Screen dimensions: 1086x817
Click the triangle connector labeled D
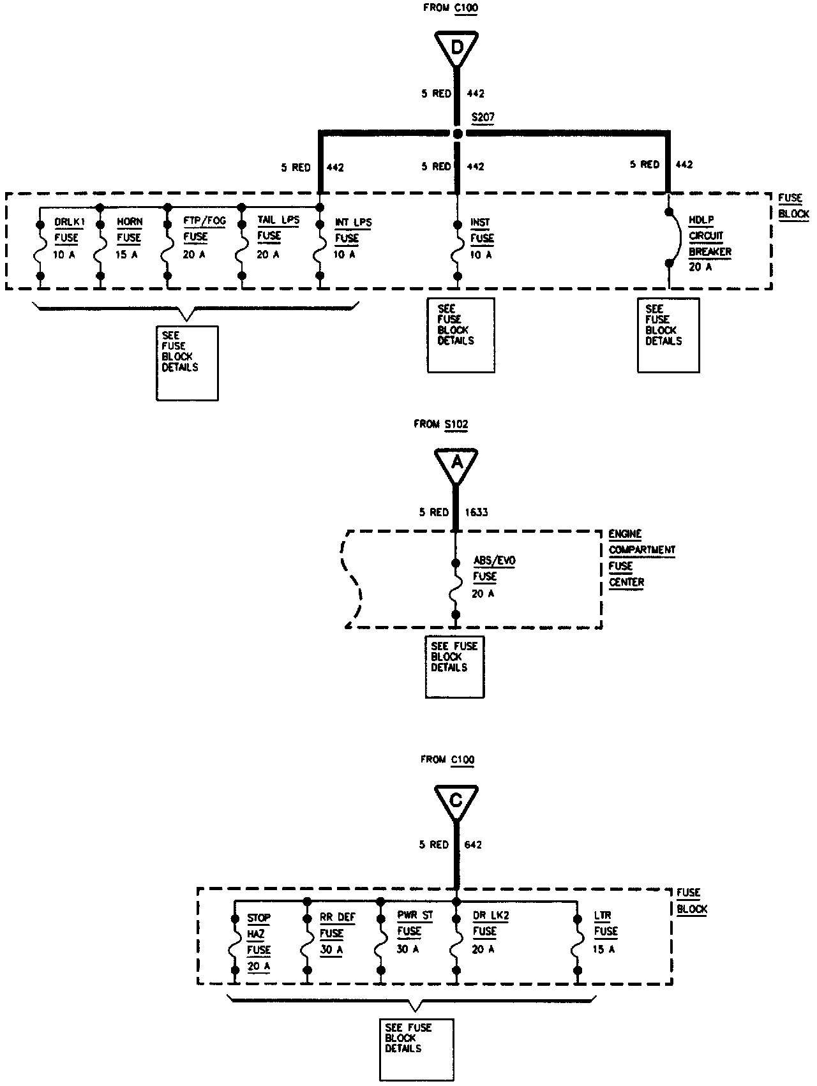456,48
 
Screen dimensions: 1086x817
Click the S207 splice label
483,117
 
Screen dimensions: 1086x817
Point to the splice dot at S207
457,133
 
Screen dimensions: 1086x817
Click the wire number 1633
476,512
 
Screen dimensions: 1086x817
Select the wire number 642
473,844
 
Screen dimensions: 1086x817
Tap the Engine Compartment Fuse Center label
641,558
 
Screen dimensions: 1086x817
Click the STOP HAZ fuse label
259,942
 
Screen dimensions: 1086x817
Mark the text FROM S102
446,424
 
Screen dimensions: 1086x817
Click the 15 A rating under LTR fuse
604,949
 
